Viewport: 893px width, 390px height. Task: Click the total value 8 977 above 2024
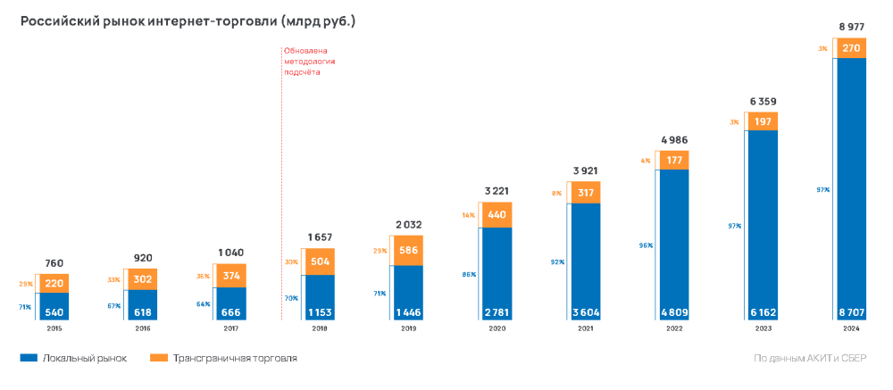point(849,27)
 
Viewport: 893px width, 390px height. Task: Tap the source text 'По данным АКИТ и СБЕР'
point(810,358)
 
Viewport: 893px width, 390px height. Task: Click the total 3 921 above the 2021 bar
point(584,170)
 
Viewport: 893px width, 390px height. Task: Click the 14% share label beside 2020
point(468,215)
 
